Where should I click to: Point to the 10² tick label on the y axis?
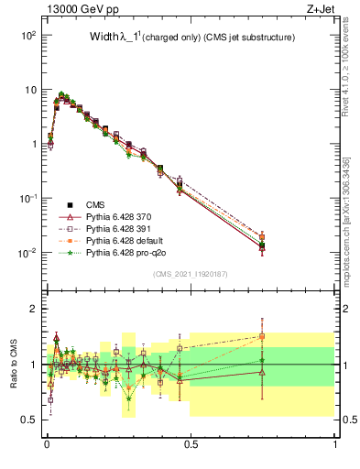(27, 35)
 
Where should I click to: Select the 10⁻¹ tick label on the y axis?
(27, 199)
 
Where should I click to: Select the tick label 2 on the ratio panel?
(33, 309)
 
